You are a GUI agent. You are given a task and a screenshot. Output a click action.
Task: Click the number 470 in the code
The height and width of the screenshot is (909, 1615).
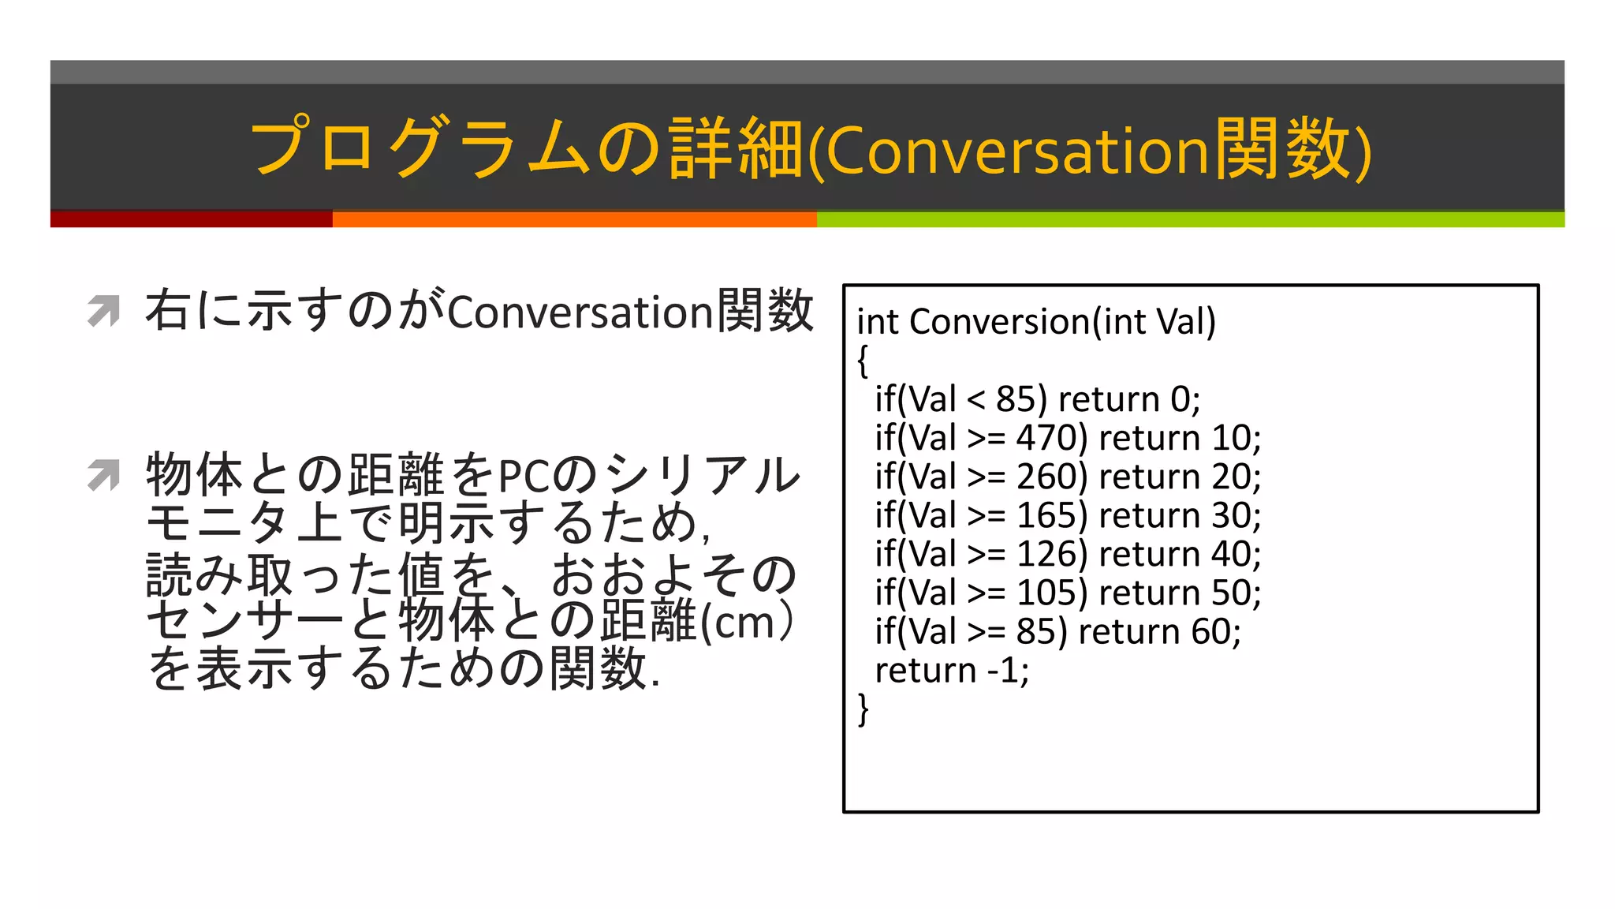pyautogui.click(x=1046, y=438)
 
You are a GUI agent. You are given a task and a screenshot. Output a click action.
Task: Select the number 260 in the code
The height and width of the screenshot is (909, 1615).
pyautogui.click(x=1046, y=477)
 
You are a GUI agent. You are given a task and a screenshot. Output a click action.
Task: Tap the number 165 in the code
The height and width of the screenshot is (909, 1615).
pyautogui.click(x=1046, y=515)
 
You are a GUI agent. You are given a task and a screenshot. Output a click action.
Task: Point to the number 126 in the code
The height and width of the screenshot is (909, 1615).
pyautogui.click(x=1046, y=554)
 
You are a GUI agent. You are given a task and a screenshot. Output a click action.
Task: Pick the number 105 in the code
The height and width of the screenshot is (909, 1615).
pyautogui.click(x=1046, y=593)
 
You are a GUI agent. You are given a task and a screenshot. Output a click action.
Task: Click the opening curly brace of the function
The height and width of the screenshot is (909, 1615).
pyautogui.click(x=863, y=361)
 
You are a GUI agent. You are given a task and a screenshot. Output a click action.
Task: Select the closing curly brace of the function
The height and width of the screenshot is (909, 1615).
pyautogui.click(x=863, y=709)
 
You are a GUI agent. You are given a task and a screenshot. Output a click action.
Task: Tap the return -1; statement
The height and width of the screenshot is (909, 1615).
pyautogui.click(x=952, y=671)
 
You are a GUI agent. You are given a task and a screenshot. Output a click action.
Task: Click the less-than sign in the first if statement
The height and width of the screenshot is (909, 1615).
pyautogui.click(x=975, y=400)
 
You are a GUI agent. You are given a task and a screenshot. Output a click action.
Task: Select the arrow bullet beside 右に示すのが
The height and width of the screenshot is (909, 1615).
pyautogui.click(x=103, y=311)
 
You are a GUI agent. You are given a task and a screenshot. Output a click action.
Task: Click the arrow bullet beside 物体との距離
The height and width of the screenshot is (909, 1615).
pyautogui.click(x=103, y=475)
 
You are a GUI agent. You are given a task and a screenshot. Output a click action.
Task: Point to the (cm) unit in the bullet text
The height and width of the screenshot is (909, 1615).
pyautogui.click(x=746, y=622)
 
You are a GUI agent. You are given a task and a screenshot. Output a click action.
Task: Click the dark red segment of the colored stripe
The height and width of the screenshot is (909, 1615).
pyautogui.click(x=191, y=219)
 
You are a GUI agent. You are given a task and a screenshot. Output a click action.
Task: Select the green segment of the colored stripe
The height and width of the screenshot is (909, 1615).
pyautogui.click(x=1190, y=219)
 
